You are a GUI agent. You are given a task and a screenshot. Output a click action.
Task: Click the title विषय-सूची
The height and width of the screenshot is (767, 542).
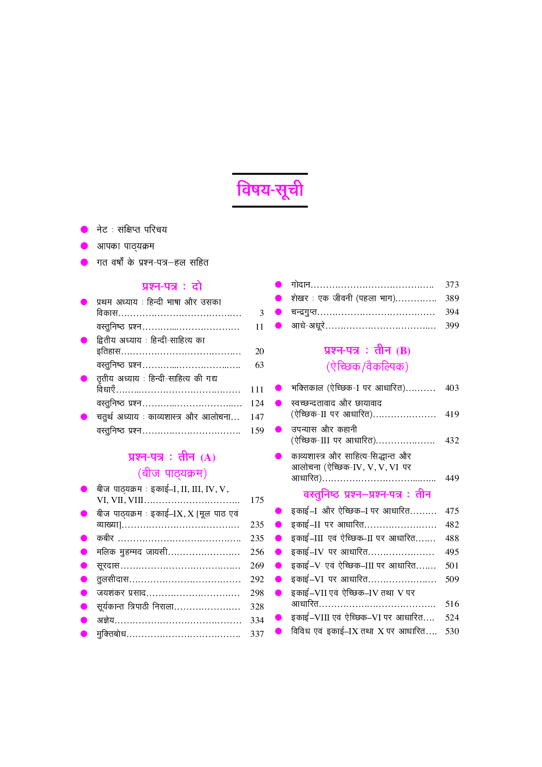pos(270,190)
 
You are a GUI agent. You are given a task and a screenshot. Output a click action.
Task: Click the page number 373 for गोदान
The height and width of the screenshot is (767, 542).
pos(452,284)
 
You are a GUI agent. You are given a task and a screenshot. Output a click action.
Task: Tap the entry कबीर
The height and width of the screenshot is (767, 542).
pos(105,538)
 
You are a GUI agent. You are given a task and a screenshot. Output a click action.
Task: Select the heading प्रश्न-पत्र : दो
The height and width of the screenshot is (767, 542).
pos(172,286)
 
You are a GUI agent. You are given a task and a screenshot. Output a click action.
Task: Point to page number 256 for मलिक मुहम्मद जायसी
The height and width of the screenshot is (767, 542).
pos(257,552)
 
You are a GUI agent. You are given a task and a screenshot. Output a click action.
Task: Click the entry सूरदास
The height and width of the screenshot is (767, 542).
pos(108,566)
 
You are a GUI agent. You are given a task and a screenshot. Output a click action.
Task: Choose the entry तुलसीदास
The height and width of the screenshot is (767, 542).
pos(113,579)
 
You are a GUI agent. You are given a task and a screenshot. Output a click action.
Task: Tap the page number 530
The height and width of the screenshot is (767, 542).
pos(452,631)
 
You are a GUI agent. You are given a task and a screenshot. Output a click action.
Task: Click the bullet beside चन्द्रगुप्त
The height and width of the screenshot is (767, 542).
pos(278,312)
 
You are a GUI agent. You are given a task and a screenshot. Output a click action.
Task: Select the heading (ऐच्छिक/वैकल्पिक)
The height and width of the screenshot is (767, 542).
pos(367,366)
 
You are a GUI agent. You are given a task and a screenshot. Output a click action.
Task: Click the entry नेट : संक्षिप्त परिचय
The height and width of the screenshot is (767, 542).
pos(132,230)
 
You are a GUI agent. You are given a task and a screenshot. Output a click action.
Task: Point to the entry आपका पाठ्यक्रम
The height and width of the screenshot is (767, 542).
pos(125,246)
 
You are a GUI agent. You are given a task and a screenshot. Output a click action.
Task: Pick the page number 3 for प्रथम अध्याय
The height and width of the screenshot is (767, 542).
pos(261,313)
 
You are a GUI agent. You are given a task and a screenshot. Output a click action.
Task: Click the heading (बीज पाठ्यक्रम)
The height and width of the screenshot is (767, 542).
pos(172,473)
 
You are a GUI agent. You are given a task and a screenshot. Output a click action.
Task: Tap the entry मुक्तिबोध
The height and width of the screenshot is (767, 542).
pos(111,634)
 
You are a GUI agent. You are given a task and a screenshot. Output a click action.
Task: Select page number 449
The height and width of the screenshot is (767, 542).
pos(452,478)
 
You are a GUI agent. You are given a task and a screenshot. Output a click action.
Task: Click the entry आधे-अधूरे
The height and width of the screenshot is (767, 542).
pos(308,326)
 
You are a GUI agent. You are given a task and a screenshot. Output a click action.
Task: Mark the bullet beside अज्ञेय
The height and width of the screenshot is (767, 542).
pos(84,620)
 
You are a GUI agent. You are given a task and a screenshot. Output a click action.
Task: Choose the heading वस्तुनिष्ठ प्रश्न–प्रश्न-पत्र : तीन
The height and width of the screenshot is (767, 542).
pos(367,494)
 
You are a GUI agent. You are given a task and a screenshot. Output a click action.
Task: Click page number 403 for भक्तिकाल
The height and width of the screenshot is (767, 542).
pos(452,388)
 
